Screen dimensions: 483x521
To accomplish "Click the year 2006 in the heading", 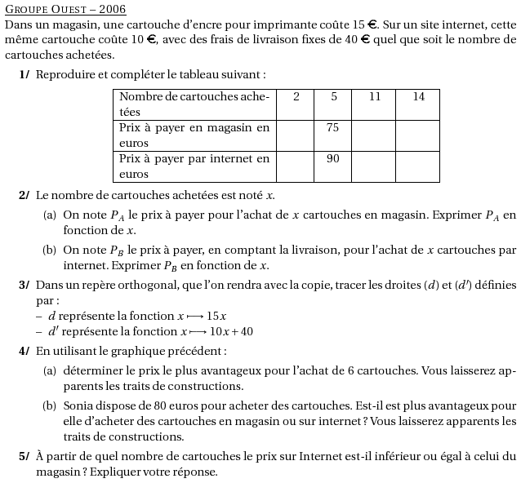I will tap(113, 10).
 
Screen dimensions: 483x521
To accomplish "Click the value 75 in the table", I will tap(332, 127).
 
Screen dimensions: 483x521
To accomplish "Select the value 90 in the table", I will tap(332, 158).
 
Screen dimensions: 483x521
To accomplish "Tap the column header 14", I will tap(418, 96).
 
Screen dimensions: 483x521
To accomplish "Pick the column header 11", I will tap(375, 96).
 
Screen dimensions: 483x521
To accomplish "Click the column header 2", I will tap(296, 96).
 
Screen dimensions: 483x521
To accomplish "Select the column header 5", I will tap(333, 96).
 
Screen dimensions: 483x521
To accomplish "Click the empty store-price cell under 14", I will tap(417, 135).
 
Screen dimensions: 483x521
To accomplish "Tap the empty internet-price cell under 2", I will tap(296, 166).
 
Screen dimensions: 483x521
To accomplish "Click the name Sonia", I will tap(78, 405).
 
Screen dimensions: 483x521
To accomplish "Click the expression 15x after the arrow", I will tap(216, 316).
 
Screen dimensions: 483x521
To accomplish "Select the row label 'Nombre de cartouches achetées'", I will tap(194, 104).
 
